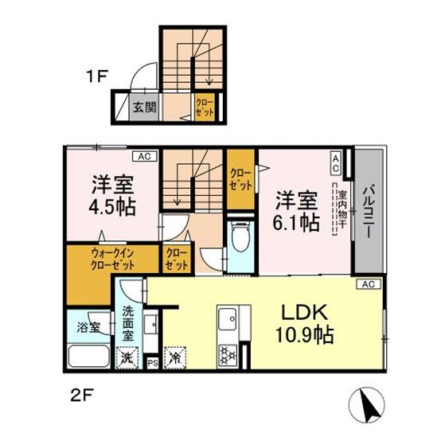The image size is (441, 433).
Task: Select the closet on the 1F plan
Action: (x=204, y=107)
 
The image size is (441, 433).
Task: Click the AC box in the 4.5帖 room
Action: (x=144, y=156)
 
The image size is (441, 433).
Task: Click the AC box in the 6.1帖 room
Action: (x=336, y=163)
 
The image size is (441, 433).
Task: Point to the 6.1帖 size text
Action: (x=298, y=220)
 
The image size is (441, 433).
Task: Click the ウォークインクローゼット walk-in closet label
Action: (x=111, y=259)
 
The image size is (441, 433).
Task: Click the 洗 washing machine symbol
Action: (x=127, y=358)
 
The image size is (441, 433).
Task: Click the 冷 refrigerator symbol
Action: (x=174, y=358)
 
